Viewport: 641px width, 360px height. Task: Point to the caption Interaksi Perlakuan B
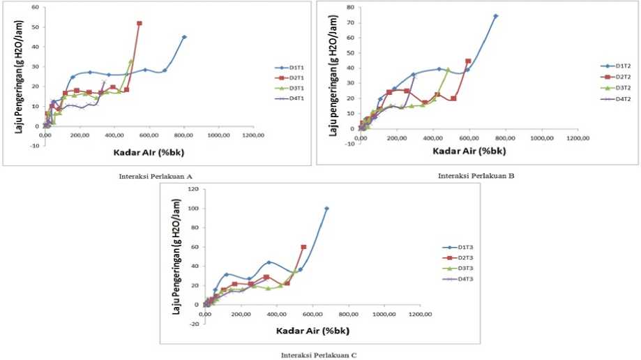[476, 176]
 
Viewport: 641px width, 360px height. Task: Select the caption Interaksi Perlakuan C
[319, 355]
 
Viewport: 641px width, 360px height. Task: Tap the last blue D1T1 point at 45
[184, 37]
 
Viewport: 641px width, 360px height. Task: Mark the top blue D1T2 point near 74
[495, 16]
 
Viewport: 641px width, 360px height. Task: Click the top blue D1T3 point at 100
[326, 209]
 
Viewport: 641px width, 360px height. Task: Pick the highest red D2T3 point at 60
[303, 247]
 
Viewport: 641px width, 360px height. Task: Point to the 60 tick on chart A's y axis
[34, 7]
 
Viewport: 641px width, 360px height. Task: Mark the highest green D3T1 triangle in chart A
[130, 62]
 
